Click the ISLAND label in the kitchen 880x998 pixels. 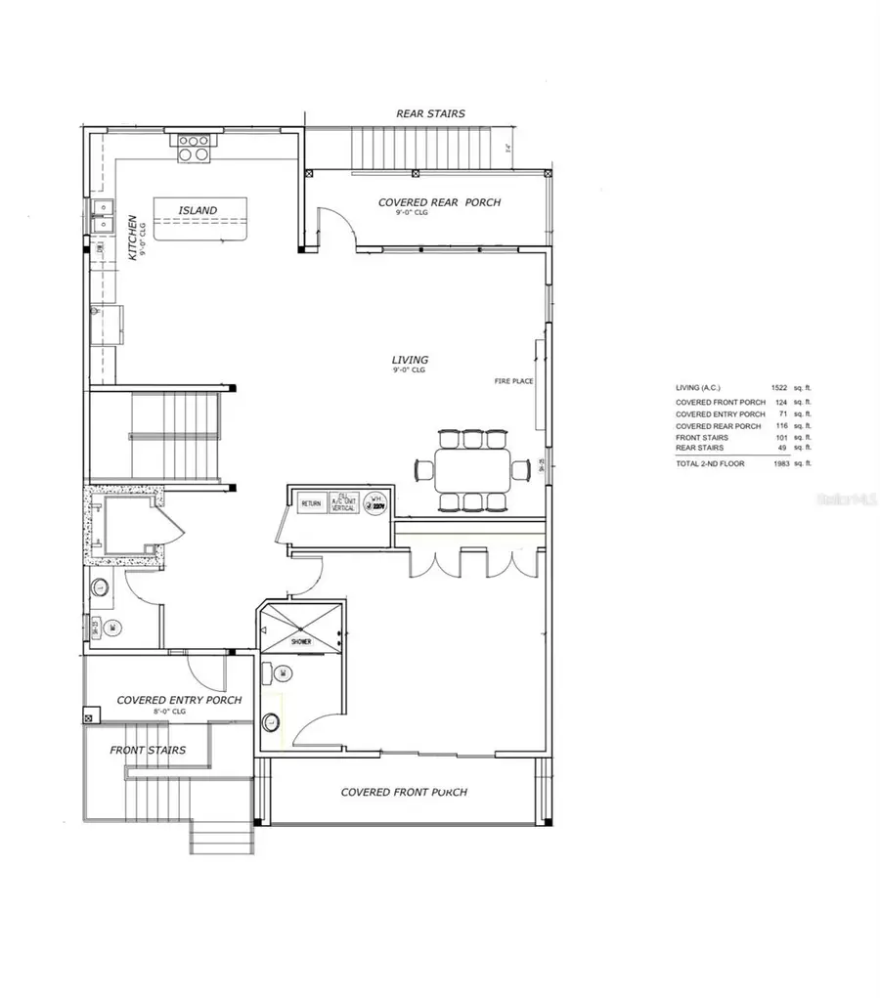click(198, 210)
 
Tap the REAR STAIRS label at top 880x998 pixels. click(430, 113)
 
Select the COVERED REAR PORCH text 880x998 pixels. click(439, 202)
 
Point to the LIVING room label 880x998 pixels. click(410, 360)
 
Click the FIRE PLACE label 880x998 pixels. click(513, 381)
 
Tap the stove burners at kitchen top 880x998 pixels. click(193, 147)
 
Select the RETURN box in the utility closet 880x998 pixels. click(311, 503)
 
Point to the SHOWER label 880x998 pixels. click(300, 642)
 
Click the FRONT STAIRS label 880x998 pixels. click(148, 751)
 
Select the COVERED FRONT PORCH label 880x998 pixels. click(403, 792)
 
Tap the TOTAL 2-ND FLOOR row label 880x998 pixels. click(710, 463)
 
